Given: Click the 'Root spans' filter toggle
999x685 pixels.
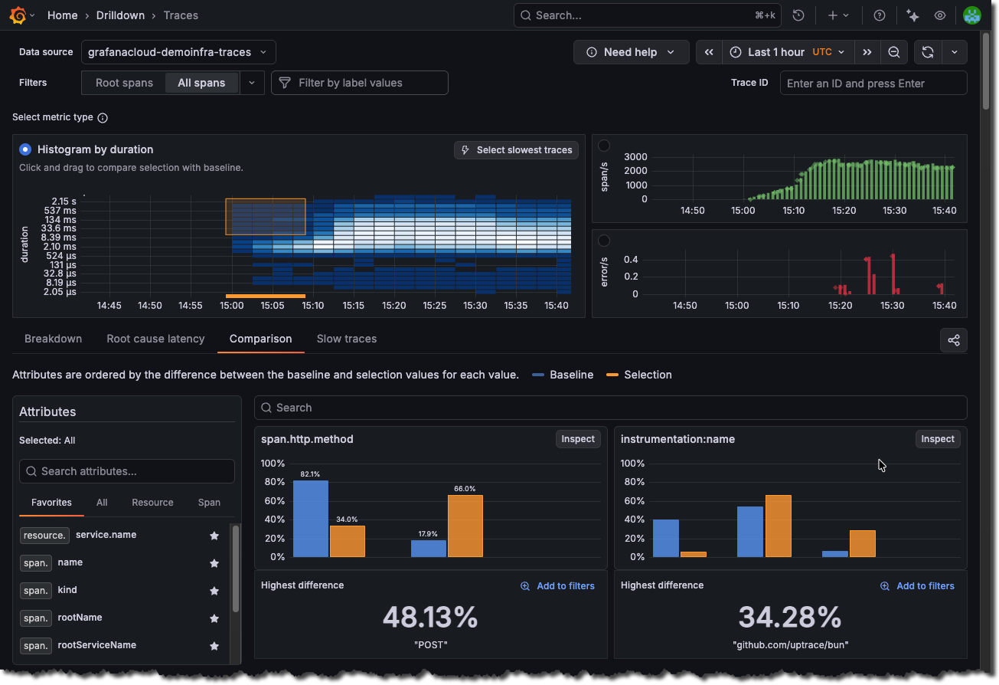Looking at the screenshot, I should tap(124, 83).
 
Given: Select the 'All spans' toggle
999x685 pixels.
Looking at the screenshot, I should tap(201, 83).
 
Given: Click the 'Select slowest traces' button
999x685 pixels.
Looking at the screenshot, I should tap(516, 150).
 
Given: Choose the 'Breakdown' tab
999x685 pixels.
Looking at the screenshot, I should tap(53, 339).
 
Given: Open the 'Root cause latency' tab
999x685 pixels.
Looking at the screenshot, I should tap(155, 339).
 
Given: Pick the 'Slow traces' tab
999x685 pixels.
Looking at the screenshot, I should tap(346, 339).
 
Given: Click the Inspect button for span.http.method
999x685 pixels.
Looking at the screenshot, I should tap(578, 439).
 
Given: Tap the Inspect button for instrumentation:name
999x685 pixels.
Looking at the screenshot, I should tap(938, 439).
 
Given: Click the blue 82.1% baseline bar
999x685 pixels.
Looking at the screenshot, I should tap(311, 519).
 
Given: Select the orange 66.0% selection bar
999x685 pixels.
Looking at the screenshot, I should tap(465, 526).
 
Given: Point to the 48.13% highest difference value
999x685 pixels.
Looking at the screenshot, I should tap(430, 617).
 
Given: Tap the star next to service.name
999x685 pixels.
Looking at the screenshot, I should tap(214, 536).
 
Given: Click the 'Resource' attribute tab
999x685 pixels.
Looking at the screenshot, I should tap(152, 503).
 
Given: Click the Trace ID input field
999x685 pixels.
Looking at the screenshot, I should tap(873, 84).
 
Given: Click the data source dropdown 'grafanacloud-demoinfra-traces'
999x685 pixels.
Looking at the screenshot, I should tap(178, 52).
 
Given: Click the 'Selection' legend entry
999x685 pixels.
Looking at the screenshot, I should tap(647, 375).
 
